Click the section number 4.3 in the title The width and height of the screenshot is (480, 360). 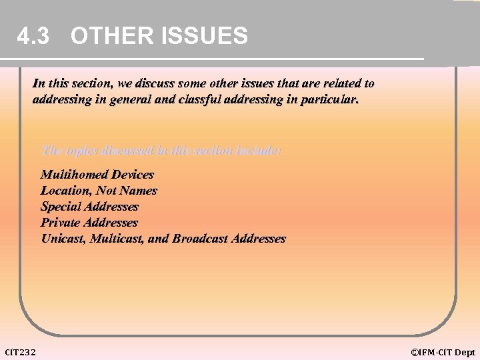click(x=33, y=36)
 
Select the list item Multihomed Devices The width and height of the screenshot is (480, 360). click(x=97, y=175)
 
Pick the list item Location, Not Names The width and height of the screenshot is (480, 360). click(x=99, y=191)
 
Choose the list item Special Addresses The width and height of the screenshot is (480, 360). click(x=89, y=207)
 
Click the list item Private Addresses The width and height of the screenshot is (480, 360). click(x=89, y=223)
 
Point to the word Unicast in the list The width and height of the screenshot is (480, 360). click(x=63, y=239)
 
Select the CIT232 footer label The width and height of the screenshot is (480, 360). click(x=21, y=352)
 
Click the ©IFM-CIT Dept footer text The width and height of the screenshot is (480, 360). click(x=443, y=352)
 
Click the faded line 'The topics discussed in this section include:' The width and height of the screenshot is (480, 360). click(x=161, y=151)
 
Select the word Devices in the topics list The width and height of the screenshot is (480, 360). click(x=133, y=175)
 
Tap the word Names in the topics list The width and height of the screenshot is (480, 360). click(x=139, y=191)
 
